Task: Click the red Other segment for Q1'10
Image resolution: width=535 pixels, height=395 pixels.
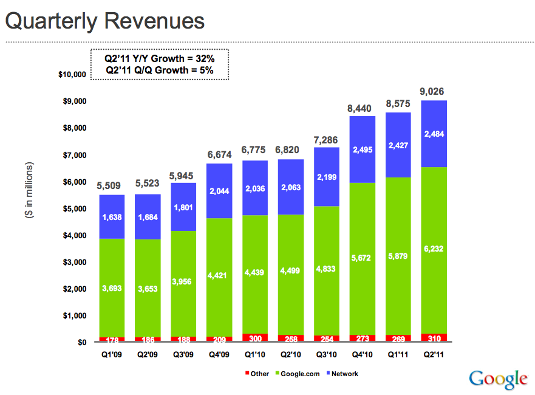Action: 256,338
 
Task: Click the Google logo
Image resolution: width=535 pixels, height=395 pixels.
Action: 498,379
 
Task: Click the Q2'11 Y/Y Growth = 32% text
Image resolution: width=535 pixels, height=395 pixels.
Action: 160,59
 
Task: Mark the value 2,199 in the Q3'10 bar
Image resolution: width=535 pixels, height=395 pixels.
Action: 326,177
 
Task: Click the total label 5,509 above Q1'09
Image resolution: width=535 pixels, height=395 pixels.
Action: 112,185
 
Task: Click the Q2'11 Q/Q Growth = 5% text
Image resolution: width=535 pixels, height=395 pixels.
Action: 160,70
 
